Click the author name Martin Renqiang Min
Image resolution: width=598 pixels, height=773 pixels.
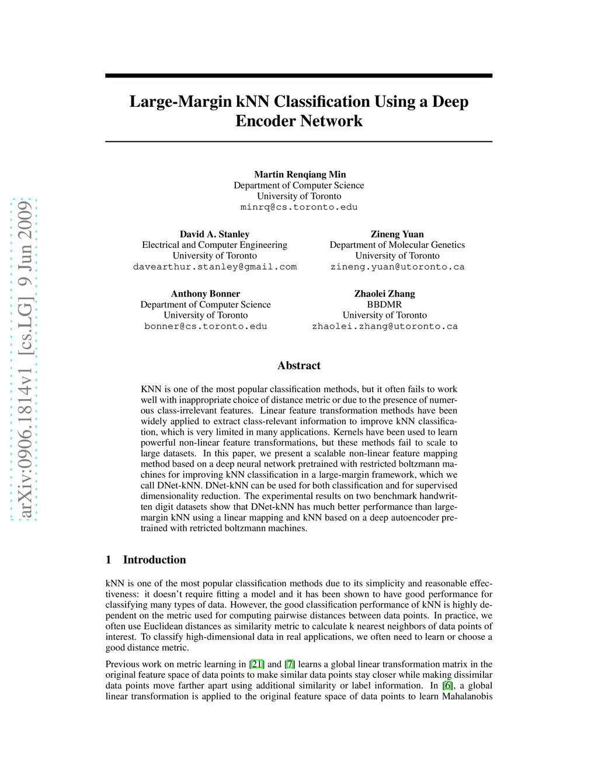point(300,174)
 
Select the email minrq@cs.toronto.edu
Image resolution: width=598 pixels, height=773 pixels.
point(299,207)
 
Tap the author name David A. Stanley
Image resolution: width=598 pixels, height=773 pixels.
point(214,234)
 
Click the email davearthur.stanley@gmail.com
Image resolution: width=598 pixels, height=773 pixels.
point(214,267)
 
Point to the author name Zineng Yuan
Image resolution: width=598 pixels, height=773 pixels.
point(397,234)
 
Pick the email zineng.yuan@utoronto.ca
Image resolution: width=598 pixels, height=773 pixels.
point(397,267)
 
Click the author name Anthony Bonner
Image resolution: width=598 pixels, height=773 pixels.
point(205,293)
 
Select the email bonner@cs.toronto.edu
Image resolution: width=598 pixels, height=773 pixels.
point(206,326)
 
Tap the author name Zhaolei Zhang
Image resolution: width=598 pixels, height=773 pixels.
point(384,293)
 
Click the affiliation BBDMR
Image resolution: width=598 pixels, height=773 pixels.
point(384,305)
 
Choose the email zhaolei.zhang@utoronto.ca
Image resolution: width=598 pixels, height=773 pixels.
point(384,326)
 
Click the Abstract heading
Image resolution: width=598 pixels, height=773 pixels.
point(299,366)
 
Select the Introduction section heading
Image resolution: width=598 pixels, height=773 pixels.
point(154,560)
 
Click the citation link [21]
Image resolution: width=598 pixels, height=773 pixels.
point(257,664)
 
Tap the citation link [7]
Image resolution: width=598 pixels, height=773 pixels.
point(290,664)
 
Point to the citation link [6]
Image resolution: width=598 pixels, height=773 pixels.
point(447,685)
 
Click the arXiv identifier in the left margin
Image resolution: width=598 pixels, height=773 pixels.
point(25,359)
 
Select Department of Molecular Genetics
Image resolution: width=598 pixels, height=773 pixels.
point(397,245)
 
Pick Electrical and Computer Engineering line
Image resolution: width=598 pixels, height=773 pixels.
point(214,245)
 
